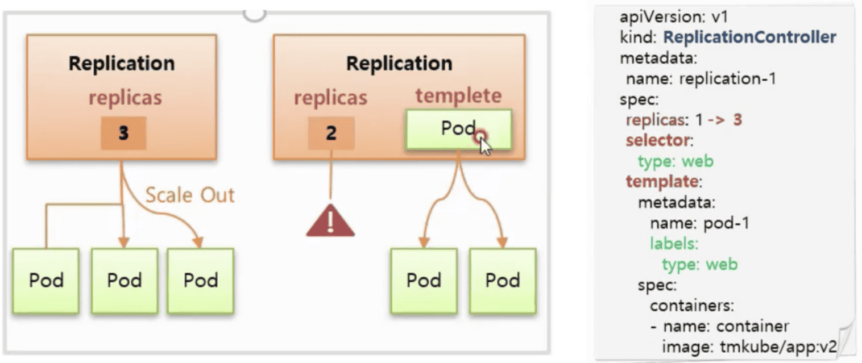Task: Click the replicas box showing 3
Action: [123, 133]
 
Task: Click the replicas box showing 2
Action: [331, 133]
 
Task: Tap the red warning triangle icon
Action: [330, 220]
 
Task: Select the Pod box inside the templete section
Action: [458, 130]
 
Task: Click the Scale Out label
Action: [190, 195]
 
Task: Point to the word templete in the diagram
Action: [458, 95]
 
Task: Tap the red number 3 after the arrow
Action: [737, 120]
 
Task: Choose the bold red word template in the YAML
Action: [661, 182]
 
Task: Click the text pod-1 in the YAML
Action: [726, 223]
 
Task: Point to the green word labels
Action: [673, 244]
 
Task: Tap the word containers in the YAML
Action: [691, 306]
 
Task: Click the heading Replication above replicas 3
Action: [121, 63]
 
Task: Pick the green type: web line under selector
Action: [675, 161]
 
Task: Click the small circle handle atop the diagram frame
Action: [254, 12]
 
